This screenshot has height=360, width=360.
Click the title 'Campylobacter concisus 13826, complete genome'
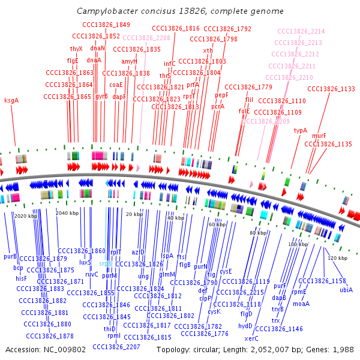tap(180, 11)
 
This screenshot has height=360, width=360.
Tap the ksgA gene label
tap(11, 100)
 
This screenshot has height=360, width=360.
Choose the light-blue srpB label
tap(105, 263)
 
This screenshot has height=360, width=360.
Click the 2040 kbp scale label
tap(67, 213)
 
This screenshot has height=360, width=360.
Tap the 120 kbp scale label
tap(338, 257)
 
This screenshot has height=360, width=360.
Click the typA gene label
tap(300, 130)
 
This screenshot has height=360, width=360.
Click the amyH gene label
tap(130, 61)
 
